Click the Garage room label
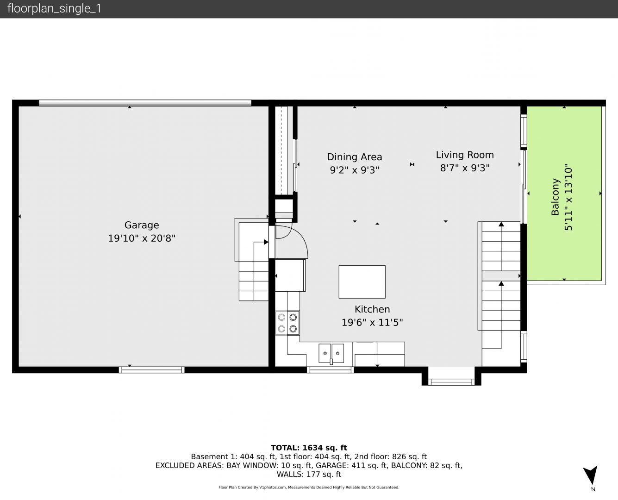click(142, 225)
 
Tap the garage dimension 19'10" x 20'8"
click(142, 238)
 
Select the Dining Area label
click(354, 157)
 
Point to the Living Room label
click(465, 155)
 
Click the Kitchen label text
click(372, 309)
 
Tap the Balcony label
click(555, 197)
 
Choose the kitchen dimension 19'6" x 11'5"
click(372, 322)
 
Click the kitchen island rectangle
click(362, 282)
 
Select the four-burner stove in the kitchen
click(287, 323)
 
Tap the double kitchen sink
click(331, 353)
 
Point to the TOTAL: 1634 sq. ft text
click(309, 448)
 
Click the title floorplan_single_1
click(54, 9)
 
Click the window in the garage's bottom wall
click(151, 370)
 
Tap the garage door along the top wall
click(145, 103)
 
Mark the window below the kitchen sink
click(330, 370)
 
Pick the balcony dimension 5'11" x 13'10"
click(568, 197)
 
